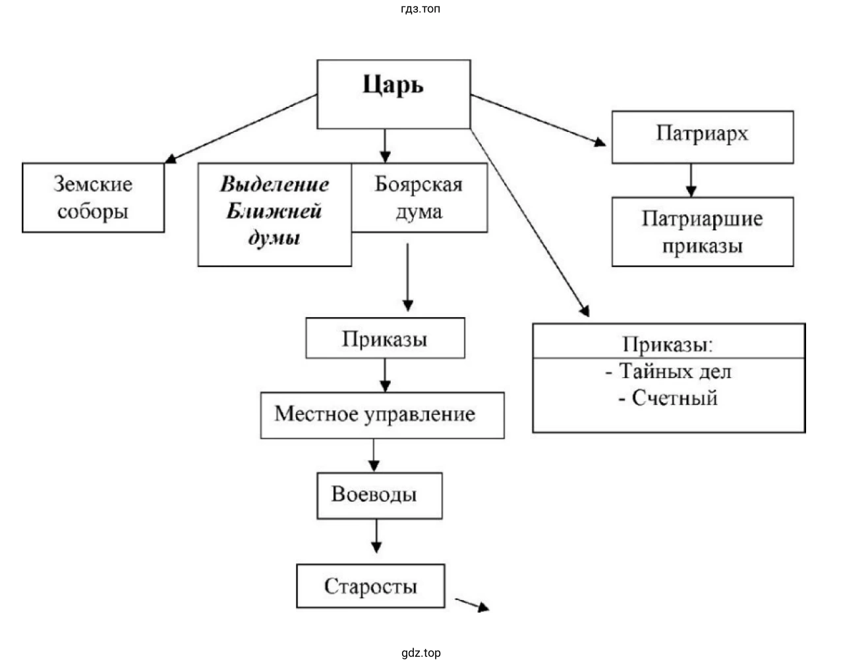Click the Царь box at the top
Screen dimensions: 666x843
393,94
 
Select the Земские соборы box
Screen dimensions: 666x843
93,197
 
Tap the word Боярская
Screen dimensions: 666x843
419,184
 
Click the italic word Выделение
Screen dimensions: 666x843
274,184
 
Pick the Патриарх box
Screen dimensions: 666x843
702,136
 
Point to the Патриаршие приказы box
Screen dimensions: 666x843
702,231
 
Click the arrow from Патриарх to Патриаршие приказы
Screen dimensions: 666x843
690,180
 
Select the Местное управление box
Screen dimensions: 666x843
382,415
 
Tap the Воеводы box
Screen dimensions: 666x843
379,495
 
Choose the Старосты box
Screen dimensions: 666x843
370,586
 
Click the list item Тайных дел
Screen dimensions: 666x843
675,372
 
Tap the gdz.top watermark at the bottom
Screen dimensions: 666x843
421,653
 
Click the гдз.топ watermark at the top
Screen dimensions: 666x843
420,9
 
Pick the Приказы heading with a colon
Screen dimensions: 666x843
668,344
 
